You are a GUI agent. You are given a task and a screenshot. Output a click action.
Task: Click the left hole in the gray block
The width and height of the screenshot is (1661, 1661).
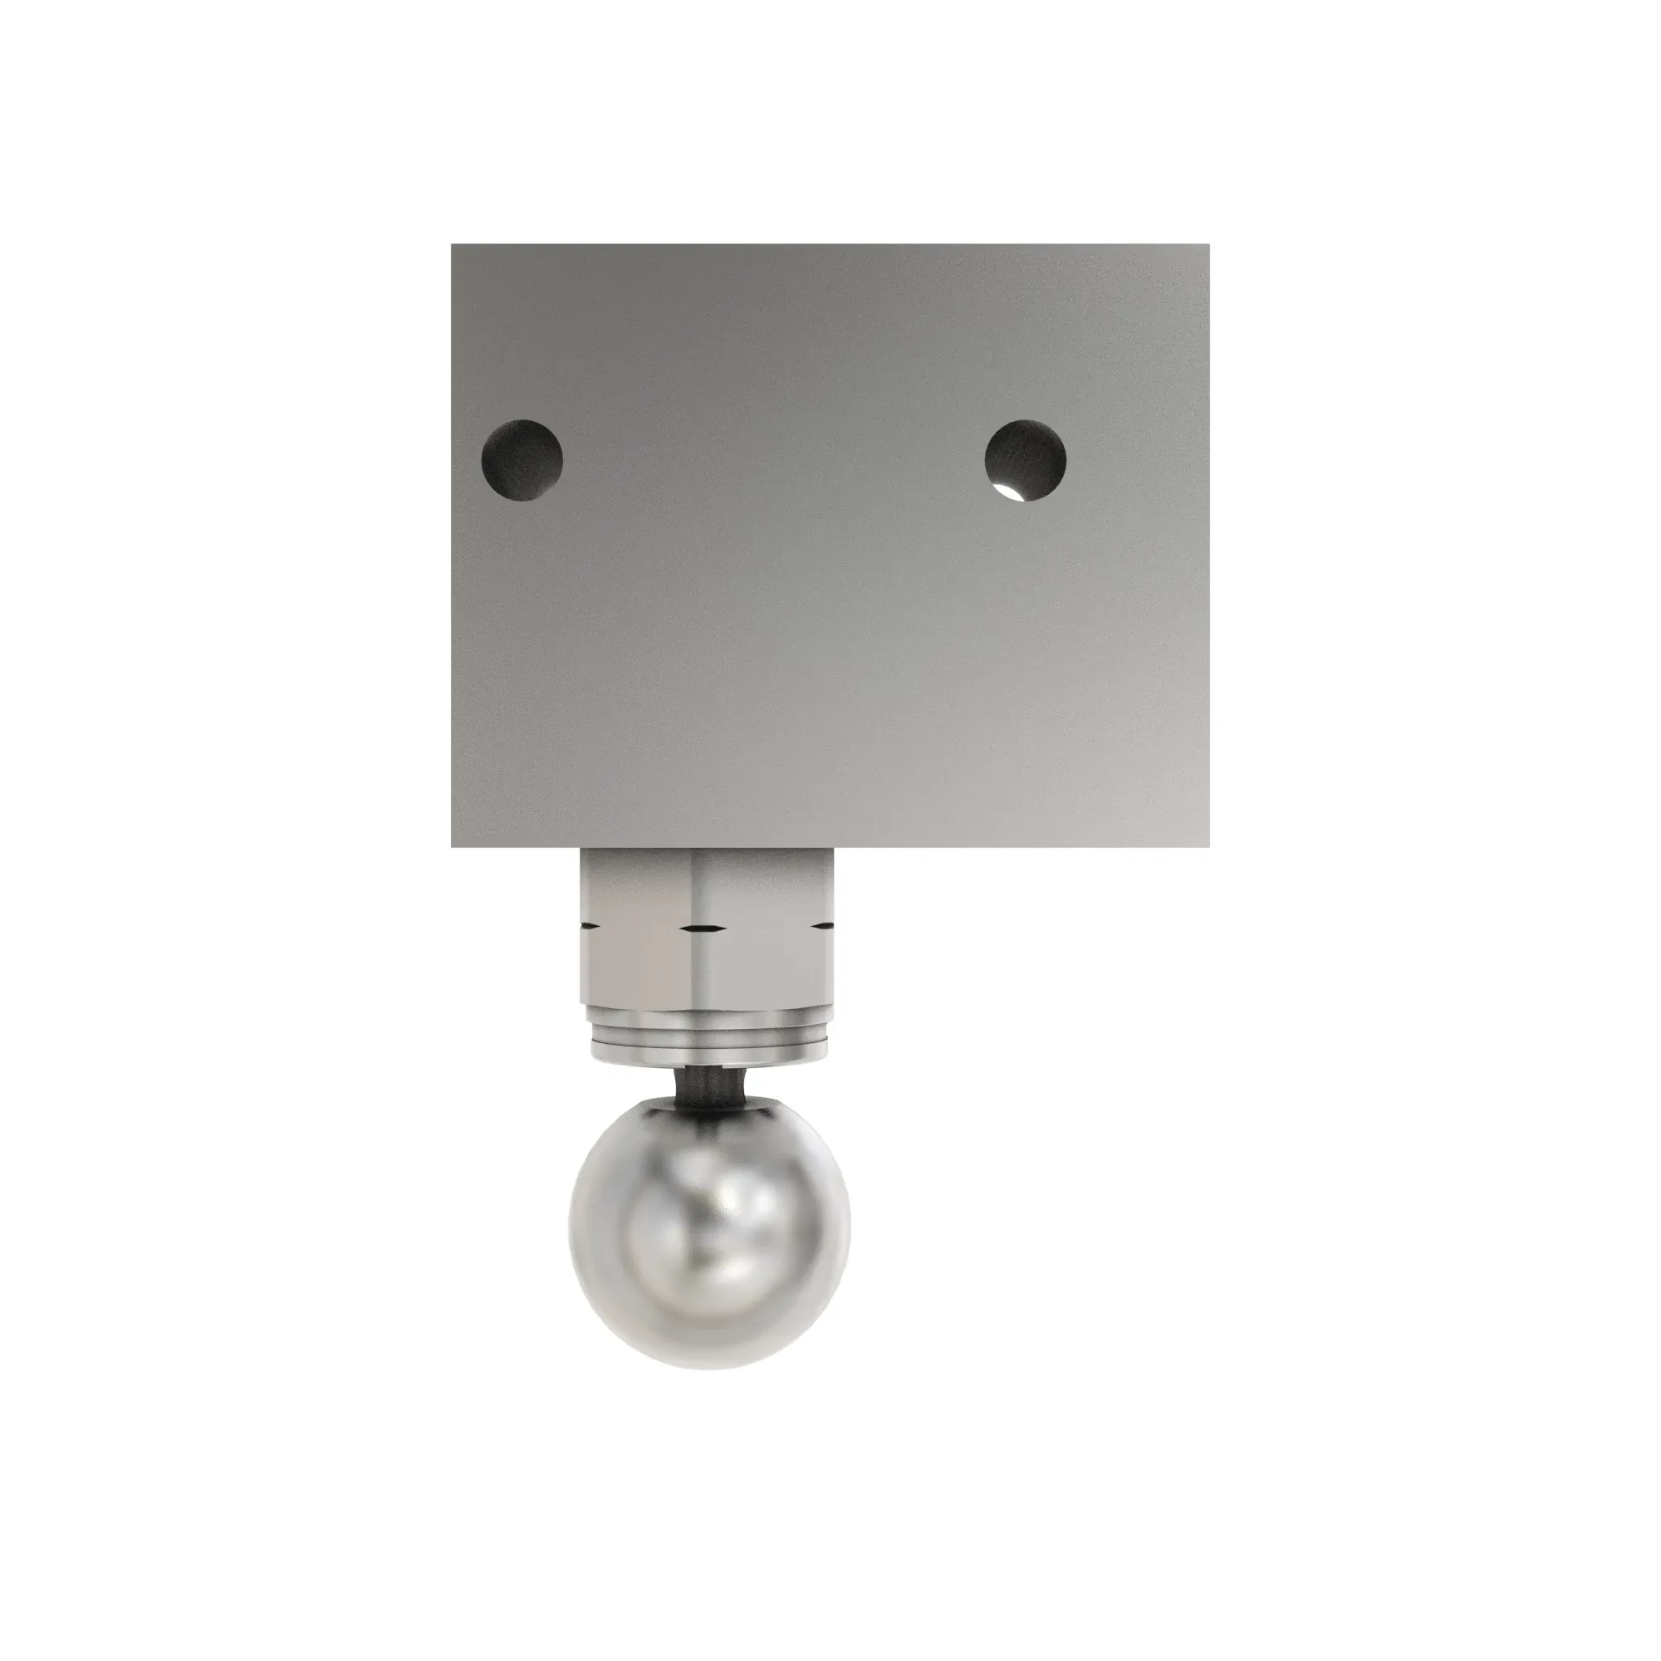tap(522, 456)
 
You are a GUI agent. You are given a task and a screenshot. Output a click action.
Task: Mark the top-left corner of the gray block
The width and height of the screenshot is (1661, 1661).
tap(453, 245)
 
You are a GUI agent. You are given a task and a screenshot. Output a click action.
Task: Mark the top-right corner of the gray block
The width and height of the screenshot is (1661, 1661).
tap(1208, 245)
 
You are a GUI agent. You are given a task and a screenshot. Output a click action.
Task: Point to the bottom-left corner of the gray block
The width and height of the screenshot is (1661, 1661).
tap(453, 846)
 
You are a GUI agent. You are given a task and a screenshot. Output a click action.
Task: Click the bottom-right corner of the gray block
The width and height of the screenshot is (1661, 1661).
tap(1208, 846)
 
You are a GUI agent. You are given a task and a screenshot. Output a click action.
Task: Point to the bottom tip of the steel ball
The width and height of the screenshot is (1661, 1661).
tap(708, 1369)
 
